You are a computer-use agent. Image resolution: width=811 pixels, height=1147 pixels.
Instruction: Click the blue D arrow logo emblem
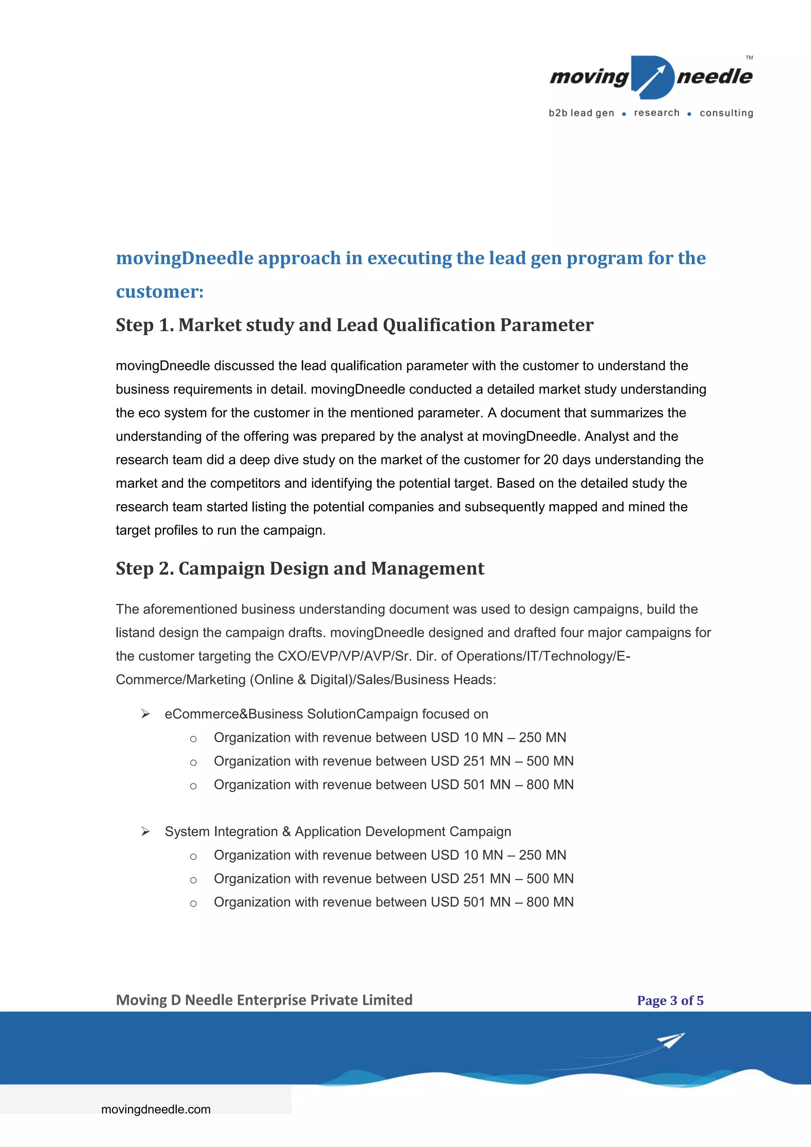click(652, 78)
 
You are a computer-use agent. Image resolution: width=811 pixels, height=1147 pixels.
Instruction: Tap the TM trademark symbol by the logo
click(749, 58)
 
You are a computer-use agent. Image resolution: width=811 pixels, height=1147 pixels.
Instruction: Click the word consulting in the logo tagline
click(726, 113)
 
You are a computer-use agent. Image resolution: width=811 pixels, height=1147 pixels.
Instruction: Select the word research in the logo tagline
click(657, 113)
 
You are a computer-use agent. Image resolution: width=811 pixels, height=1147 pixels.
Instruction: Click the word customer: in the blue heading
click(160, 292)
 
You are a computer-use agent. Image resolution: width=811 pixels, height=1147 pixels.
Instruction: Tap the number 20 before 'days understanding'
click(551, 459)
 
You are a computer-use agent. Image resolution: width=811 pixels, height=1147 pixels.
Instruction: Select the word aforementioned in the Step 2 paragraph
click(189, 610)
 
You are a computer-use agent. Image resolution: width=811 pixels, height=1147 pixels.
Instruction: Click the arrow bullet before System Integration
click(145, 831)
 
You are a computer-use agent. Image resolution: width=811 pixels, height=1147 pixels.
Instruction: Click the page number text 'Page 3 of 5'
click(670, 1000)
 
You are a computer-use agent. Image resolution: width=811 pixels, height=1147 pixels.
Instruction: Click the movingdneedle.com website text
click(156, 1109)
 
